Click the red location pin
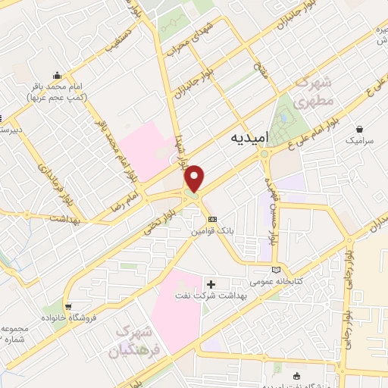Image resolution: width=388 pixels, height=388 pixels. click(x=195, y=178)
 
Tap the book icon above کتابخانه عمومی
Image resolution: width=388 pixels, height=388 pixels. click(x=276, y=269)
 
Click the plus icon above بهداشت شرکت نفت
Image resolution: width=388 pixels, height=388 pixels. click(x=221, y=283)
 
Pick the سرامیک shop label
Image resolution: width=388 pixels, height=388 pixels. click(x=361, y=140)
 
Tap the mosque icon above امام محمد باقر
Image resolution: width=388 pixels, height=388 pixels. click(x=57, y=75)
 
